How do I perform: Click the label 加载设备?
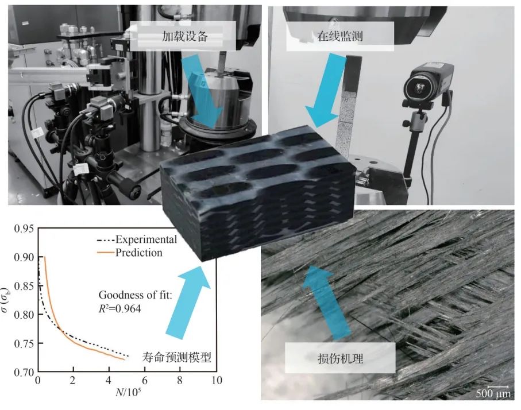pyautogui.click(x=185, y=36)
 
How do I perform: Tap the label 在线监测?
pyautogui.click(x=339, y=36)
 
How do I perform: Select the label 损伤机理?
pyautogui.click(x=340, y=358)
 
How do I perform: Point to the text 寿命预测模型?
pyautogui.click(x=176, y=357)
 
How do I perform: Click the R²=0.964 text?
pyautogui.click(x=120, y=309)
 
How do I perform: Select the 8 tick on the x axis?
pyautogui.click(x=180, y=381)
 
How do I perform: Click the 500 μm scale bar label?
pyautogui.click(x=493, y=394)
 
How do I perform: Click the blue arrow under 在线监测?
pyautogui.click(x=326, y=90)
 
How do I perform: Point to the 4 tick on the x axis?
pyautogui.click(x=109, y=381)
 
